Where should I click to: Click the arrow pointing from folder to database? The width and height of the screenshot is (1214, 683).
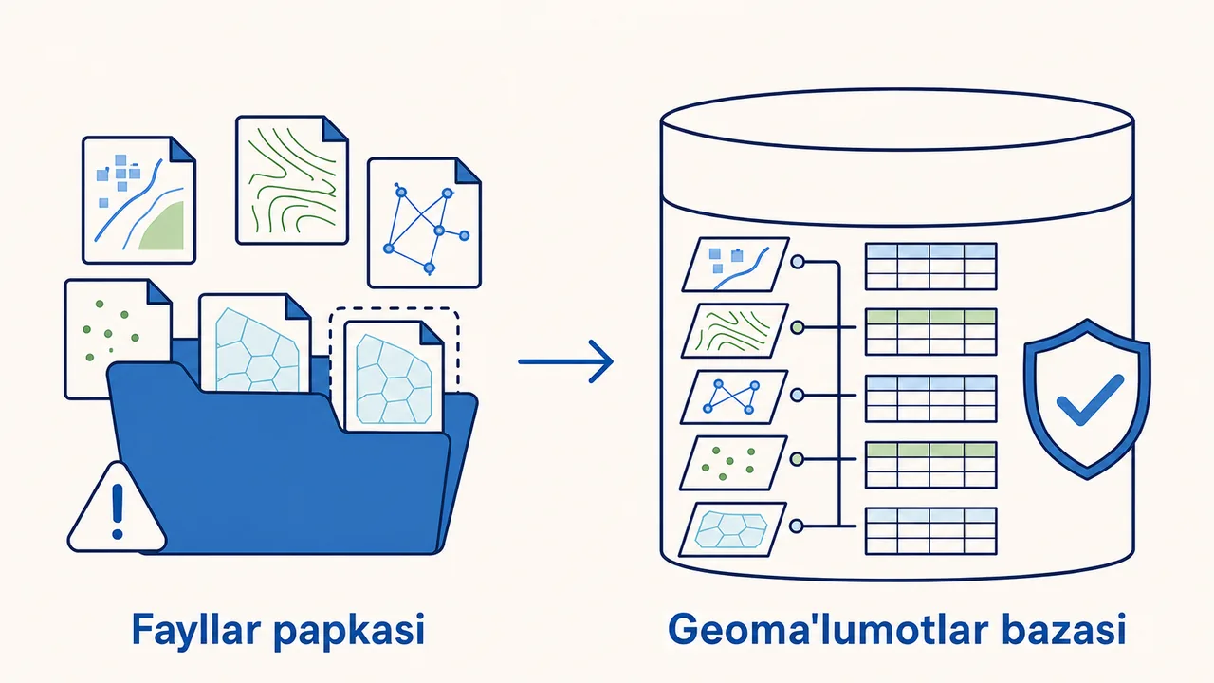point(566,361)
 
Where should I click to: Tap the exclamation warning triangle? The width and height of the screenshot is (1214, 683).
point(117,508)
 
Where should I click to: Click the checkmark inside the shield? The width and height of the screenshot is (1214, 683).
point(1090,400)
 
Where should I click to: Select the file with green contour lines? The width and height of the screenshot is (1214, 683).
point(292,180)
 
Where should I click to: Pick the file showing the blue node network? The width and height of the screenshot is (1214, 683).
point(424,223)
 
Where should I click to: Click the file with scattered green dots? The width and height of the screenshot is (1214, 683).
point(119,339)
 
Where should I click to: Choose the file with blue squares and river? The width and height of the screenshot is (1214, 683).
point(138,200)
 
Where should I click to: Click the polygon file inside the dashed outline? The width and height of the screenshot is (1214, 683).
point(394,377)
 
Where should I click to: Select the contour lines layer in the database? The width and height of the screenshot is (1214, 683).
point(734,331)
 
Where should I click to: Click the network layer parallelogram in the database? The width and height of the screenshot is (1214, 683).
point(734,397)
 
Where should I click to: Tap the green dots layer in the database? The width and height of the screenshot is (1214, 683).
point(734,463)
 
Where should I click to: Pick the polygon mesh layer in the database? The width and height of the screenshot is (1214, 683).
point(733,529)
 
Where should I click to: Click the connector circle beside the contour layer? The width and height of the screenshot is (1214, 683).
point(798,327)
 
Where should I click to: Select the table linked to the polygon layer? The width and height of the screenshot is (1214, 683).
point(931,531)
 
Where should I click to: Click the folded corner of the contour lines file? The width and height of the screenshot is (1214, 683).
point(335,128)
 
